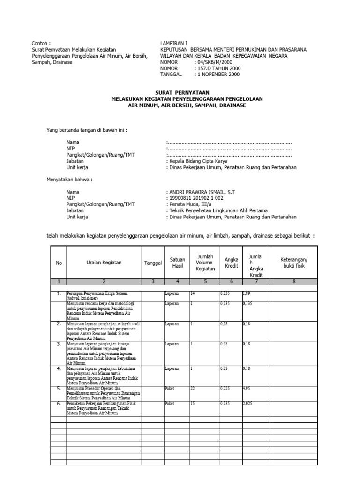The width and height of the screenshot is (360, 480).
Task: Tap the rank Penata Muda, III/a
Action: coord(189,204)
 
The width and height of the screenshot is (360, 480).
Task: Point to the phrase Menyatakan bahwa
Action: coord(69,180)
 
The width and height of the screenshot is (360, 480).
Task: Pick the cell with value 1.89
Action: coord(247,293)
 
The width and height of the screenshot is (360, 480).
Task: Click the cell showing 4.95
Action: coord(247,388)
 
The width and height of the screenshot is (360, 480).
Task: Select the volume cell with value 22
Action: coord(192,388)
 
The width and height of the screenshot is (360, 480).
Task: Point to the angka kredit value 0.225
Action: coord(226,388)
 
